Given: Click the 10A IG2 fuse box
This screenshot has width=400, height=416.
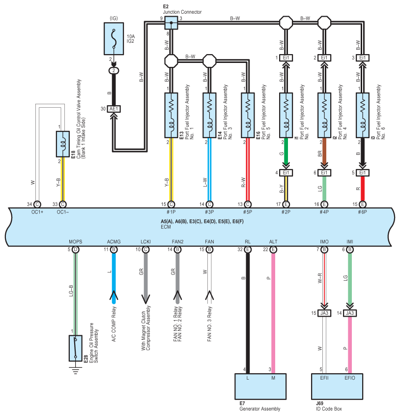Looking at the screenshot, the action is click(114, 39).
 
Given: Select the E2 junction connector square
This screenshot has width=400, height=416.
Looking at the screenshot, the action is click(171, 23).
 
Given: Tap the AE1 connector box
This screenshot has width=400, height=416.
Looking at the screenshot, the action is click(114, 109).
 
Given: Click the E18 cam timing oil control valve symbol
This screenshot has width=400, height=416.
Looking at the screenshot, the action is click(63, 144).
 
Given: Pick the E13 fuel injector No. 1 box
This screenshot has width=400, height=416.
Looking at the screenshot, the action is click(171, 115).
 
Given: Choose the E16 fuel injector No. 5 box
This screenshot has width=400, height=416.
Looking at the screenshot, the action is click(248, 115).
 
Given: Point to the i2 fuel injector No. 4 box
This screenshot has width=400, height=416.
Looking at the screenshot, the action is click(324, 115).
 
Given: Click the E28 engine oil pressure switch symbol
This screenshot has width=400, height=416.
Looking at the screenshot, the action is click(76, 348).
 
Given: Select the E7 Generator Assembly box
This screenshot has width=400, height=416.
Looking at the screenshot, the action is click(260, 386).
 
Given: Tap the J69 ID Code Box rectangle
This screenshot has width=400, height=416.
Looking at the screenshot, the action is click(337, 386).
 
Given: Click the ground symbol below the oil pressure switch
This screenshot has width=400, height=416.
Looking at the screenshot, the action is click(76, 370).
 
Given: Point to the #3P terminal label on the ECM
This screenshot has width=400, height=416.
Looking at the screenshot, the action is click(209, 212).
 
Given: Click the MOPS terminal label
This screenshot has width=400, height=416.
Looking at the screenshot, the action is click(76, 242).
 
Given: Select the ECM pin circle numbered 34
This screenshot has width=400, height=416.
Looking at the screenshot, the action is click(37, 204).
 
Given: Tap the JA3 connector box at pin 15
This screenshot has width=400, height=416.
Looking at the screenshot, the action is click(324, 313).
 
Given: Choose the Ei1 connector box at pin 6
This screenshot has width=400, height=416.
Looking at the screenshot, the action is click(324, 173).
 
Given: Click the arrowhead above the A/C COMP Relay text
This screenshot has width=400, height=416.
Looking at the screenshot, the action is click(114, 295).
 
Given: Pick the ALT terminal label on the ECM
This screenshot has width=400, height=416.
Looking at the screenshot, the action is click(273, 242).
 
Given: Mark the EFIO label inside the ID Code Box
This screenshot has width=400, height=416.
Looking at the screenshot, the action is click(350, 378).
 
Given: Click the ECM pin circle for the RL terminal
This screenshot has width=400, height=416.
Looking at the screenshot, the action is click(248, 249).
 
